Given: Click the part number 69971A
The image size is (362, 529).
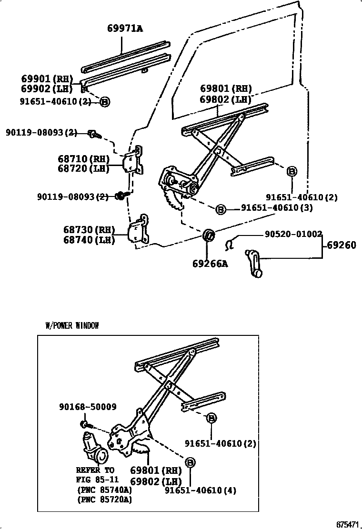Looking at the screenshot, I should tap(124, 29).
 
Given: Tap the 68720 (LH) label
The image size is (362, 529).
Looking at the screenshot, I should tap(83, 168).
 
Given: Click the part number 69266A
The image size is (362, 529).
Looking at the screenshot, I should tap(210, 263).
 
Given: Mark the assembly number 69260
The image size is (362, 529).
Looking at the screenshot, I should tap(342, 246).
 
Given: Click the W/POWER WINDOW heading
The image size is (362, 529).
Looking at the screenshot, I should tap(72, 326).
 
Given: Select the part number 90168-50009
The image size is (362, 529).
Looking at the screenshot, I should tap(88, 407).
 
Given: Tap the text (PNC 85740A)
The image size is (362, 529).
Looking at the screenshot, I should tap(104, 490).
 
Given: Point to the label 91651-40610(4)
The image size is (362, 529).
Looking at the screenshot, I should tap(201, 490).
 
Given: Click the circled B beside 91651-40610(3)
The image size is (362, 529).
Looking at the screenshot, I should tap(220, 208).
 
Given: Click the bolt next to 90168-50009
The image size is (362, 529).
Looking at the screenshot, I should tap(85, 423).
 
